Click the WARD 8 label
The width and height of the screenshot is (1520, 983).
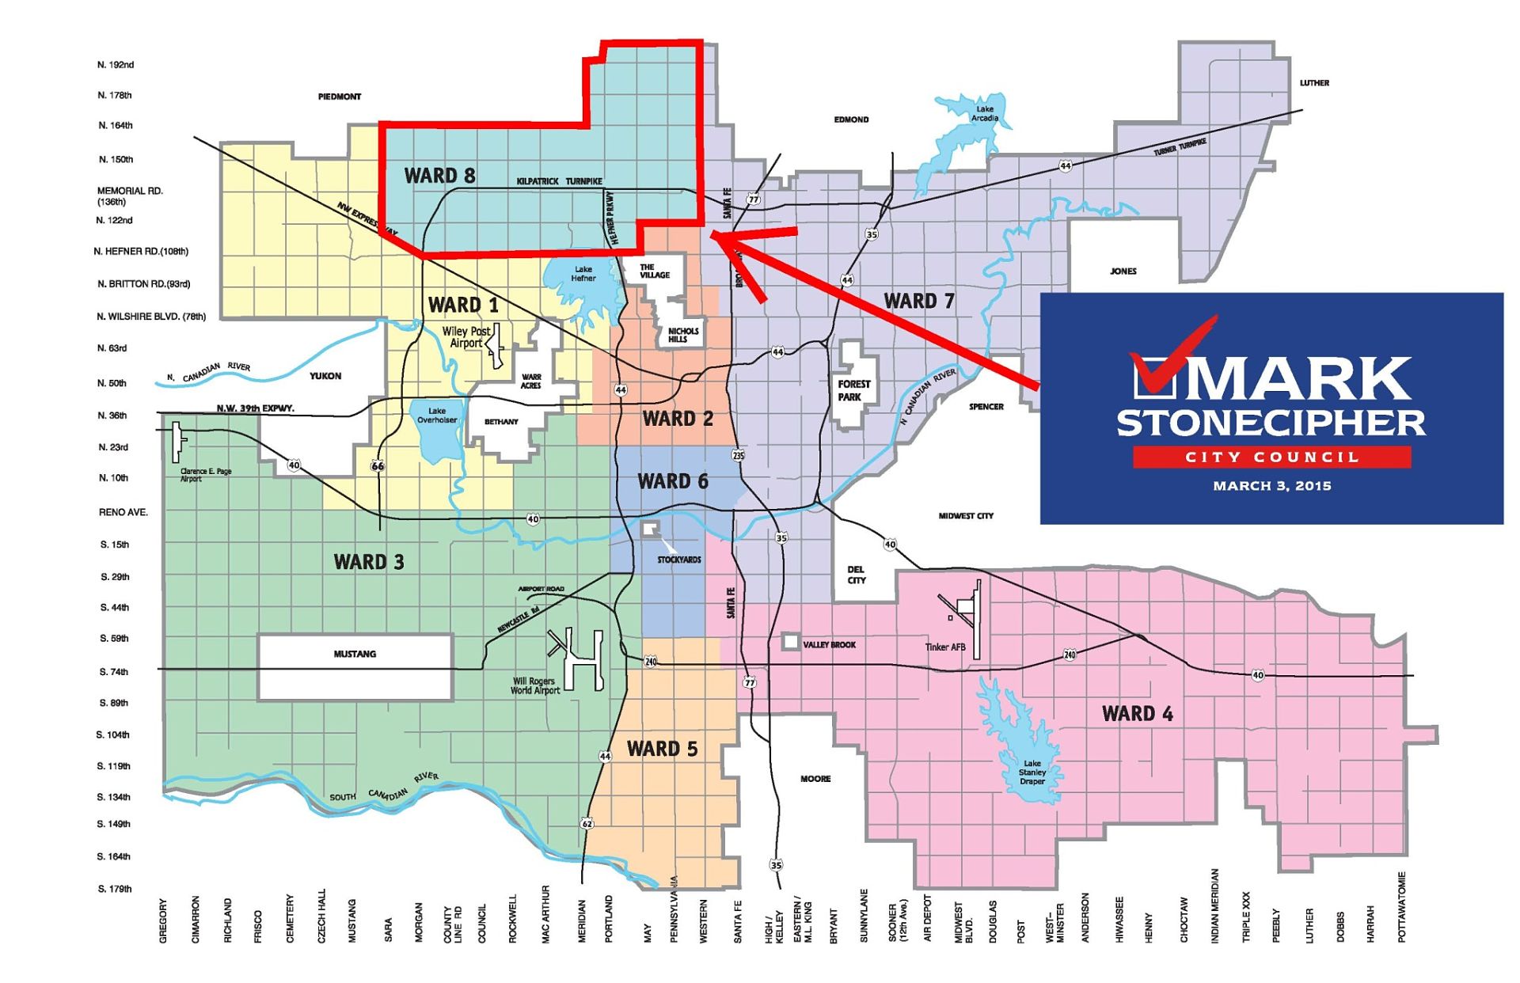click(439, 176)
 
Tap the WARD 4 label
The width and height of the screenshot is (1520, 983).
click(1137, 714)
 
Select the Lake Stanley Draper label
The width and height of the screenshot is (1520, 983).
click(1032, 772)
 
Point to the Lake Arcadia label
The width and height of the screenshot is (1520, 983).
click(985, 114)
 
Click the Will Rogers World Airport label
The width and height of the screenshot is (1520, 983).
click(534, 685)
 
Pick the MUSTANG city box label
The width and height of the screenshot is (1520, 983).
click(355, 655)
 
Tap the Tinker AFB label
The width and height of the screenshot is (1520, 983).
click(945, 647)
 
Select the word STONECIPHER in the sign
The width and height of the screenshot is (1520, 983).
click(1271, 423)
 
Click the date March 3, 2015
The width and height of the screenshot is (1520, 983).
click(1271, 486)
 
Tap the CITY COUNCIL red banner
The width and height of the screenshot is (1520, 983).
click(1271, 457)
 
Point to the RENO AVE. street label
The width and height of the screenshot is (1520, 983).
click(123, 513)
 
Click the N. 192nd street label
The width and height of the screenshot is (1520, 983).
click(116, 65)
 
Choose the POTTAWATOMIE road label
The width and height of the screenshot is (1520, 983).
click(1401, 907)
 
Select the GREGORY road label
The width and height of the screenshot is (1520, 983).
click(163, 920)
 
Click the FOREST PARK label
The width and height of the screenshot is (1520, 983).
click(853, 390)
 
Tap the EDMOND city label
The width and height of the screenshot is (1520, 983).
click(851, 120)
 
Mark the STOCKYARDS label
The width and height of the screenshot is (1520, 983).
click(679, 560)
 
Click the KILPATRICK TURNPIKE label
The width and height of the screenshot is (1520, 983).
click(559, 181)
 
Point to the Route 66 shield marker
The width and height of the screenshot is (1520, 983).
click(378, 466)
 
